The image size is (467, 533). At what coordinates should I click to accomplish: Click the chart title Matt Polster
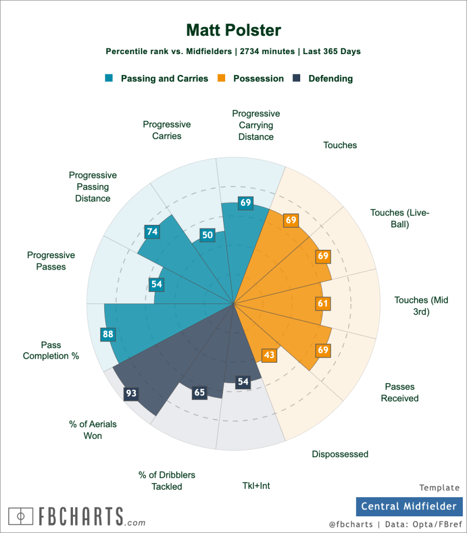tap(233, 30)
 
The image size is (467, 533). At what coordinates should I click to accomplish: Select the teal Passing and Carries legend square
tap(109, 79)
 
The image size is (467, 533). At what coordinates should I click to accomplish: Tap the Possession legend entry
tap(252, 79)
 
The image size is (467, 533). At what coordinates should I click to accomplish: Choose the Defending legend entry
tap(323, 79)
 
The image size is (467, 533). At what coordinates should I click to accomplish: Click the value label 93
tap(131, 394)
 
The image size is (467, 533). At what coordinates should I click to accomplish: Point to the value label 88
tap(108, 334)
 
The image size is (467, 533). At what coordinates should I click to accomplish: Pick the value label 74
tap(152, 232)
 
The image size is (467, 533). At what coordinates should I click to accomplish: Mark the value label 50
tap(207, 235)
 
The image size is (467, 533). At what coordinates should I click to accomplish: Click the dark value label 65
tap(199, 392)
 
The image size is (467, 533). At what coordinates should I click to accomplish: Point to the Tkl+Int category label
tap(256, 486)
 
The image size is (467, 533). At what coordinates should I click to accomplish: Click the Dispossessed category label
tap(340, 454)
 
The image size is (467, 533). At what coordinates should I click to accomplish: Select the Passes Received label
tap(400, 392)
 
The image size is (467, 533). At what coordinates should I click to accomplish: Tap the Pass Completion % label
tap(51, 350)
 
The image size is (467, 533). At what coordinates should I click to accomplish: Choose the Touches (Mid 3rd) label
tap(421, 306)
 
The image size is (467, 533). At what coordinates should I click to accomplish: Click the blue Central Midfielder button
tap(409, 506)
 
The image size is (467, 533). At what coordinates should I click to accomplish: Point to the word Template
tap(440, 488)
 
